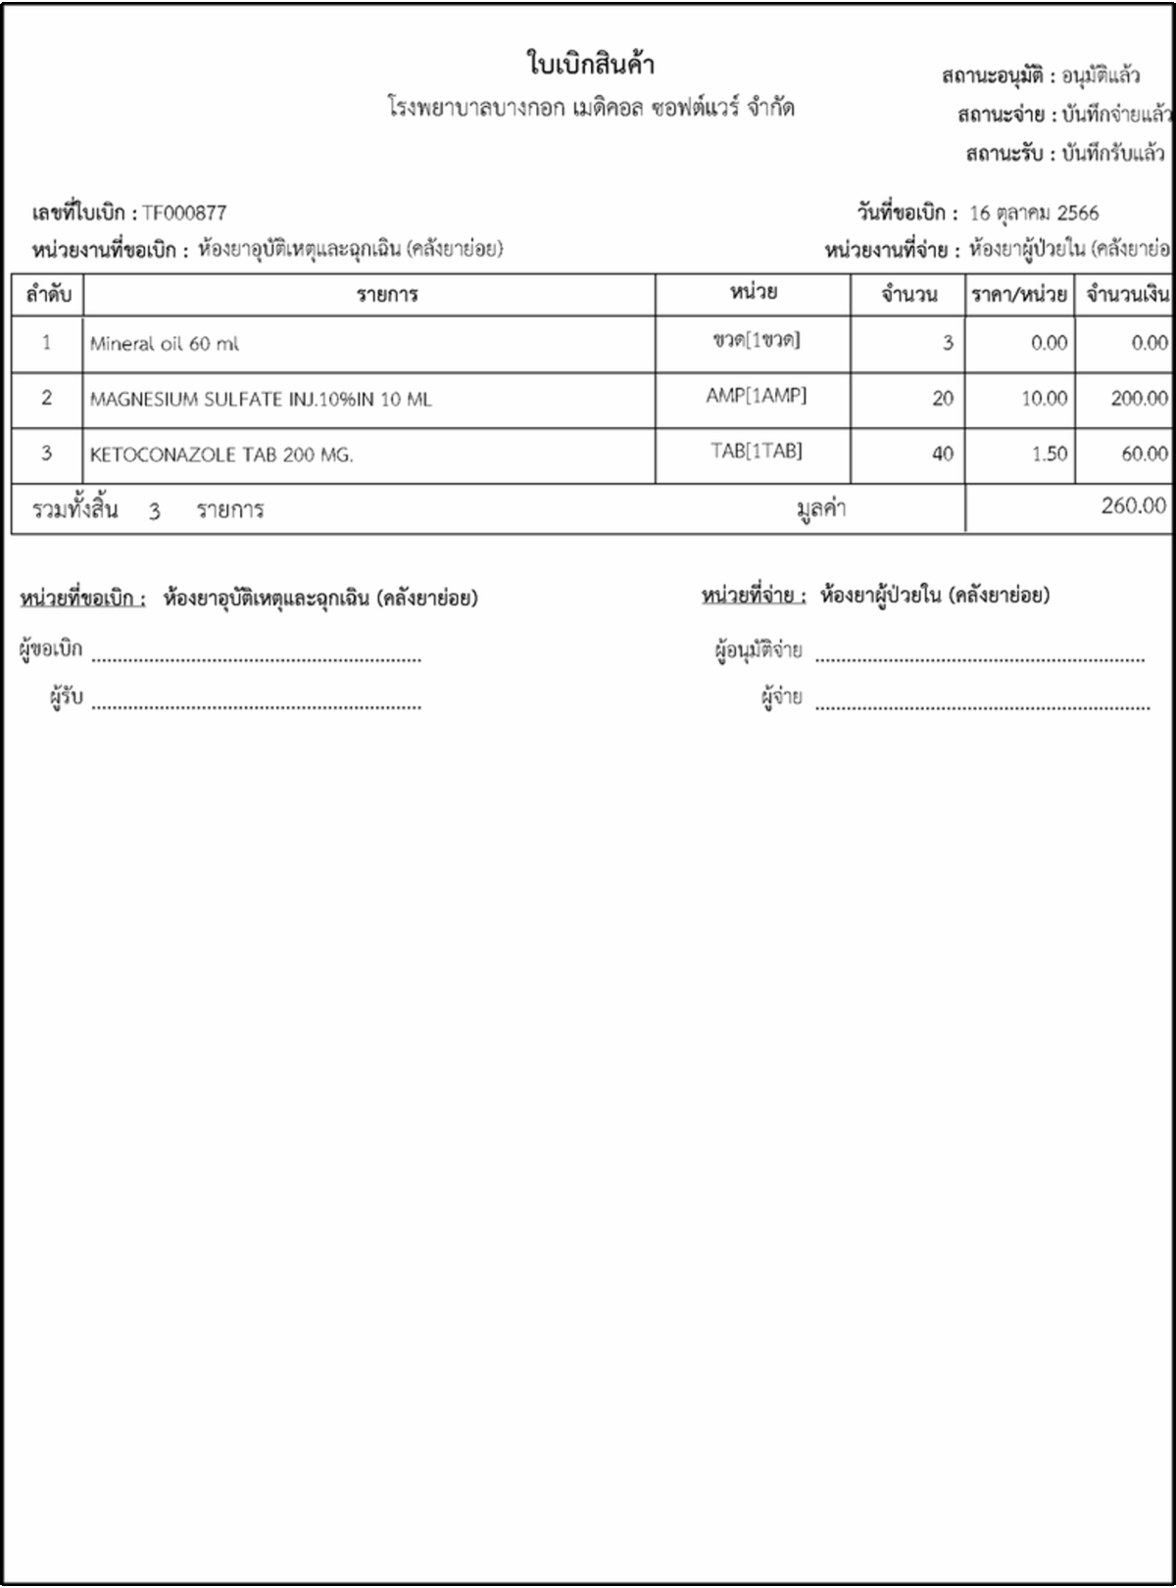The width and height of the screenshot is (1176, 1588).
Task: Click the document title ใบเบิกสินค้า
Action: [x=590, y=66]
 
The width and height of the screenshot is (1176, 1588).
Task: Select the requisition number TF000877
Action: [x=184, y=214]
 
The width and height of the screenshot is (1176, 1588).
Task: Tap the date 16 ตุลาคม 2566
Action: [x=1033, y=214]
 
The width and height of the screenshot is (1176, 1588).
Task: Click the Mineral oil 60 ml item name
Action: [x=164, y=344]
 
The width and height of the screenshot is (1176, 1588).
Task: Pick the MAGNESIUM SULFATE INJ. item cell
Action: [x=260, y=400]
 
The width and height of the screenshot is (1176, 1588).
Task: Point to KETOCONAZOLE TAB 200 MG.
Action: [x=221, y=455]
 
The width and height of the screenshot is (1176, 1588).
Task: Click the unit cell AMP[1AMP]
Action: [x=756, y=396]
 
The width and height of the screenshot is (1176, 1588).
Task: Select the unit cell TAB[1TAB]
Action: [x=756, y=451]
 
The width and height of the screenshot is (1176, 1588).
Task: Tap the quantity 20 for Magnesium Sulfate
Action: [x=942, y=399]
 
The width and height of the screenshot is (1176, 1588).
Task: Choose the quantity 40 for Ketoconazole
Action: [x=942, y=454]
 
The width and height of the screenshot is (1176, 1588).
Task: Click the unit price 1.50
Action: [x=1049, y=454]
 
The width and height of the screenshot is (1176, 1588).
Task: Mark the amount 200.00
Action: [x=1139, y=399]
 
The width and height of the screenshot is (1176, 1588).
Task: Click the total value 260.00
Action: [x=1133, y=505]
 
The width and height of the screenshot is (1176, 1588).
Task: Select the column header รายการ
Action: [x=387, y=295]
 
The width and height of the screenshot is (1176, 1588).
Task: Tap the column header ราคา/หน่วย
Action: [x=1018, y=294]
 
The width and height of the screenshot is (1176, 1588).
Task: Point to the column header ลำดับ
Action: [x=48, y=294]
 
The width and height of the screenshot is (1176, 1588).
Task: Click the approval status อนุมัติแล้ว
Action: [x=1101, y=75]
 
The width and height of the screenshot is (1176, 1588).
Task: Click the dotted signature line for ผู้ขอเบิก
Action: [x=257, y=657]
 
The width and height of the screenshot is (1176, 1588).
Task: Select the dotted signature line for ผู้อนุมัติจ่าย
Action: [x=979, y=657]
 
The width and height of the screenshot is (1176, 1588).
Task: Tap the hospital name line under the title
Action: [x=590, y=108]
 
